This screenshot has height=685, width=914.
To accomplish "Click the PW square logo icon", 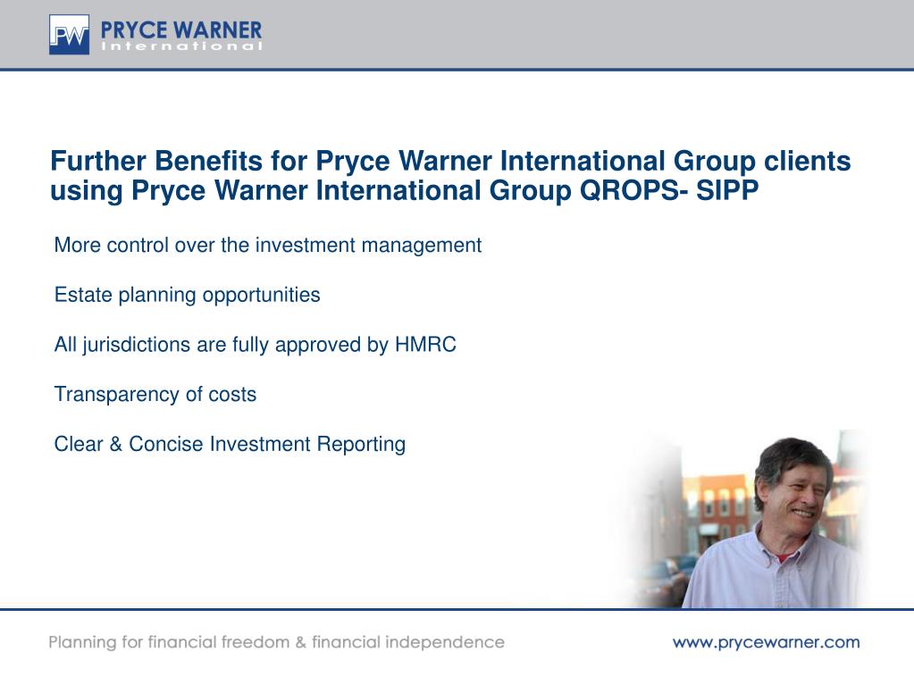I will (69, 35).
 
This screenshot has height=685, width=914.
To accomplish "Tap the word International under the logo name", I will (182, 46).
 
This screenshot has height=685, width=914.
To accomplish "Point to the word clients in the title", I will (807, 162).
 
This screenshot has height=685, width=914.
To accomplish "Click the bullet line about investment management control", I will (268, 245).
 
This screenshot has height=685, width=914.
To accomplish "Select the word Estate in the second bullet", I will (83, 295).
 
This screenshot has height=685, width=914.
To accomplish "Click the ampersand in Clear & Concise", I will (116, 444).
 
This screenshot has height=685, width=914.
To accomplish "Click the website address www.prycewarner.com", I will (766, 641).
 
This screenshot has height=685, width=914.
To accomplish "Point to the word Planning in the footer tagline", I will (83, 642).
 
